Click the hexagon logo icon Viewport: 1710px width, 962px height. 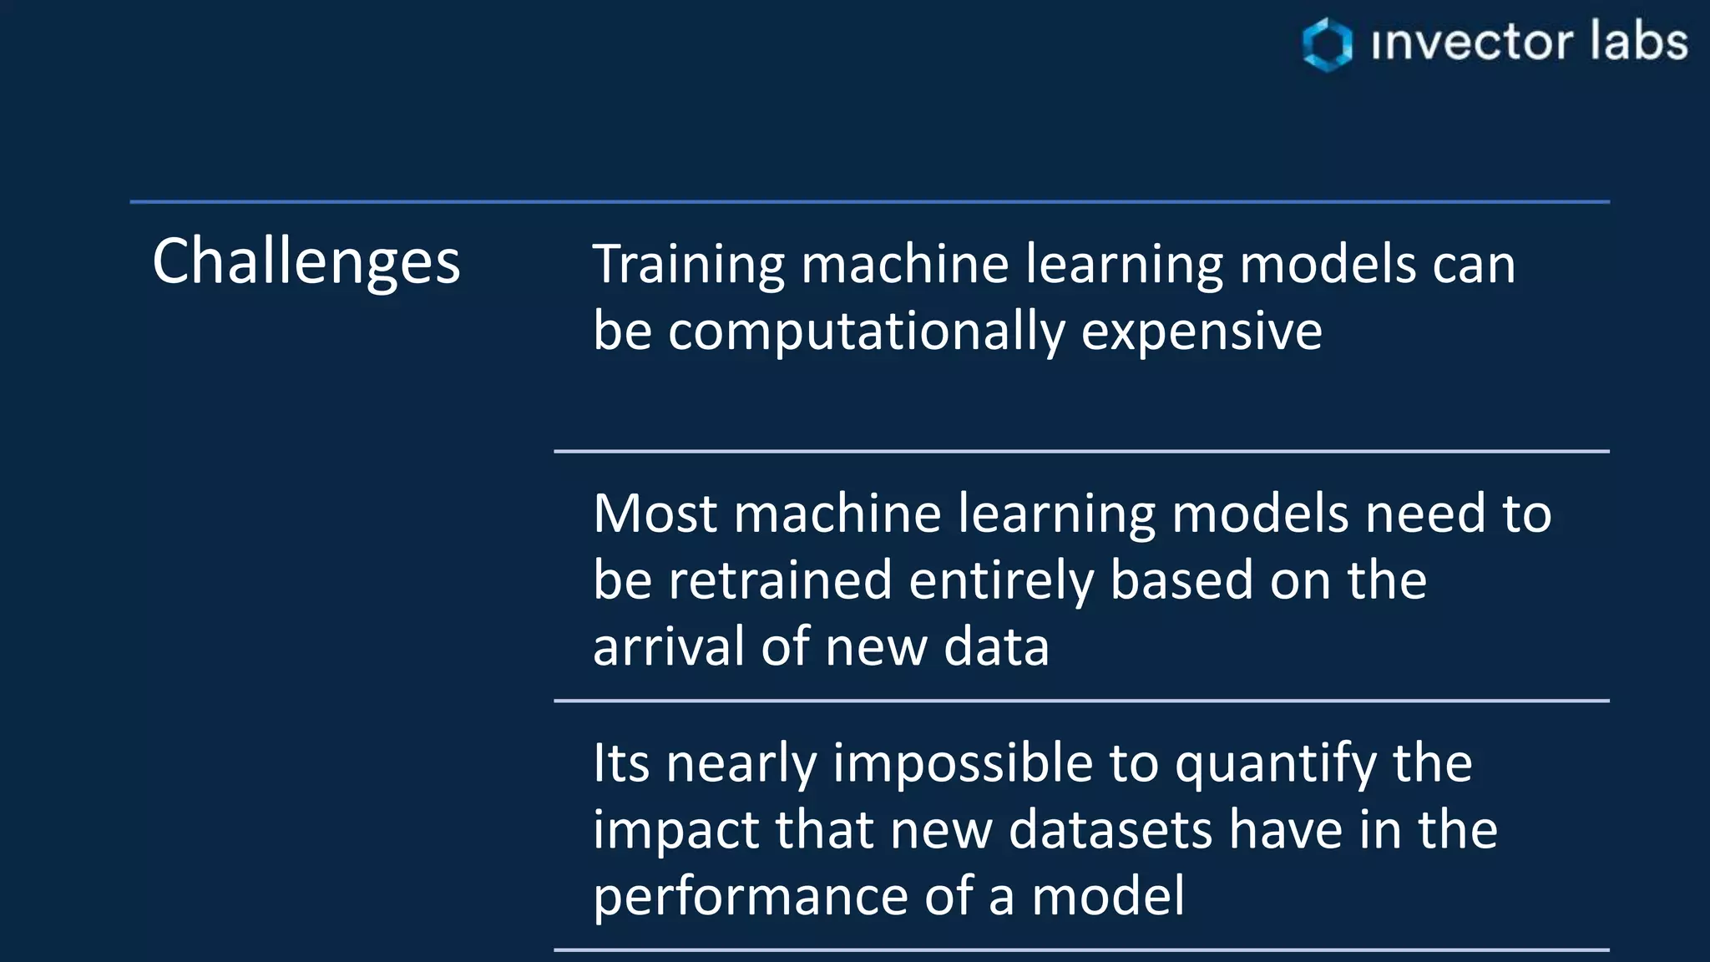[1327, 43]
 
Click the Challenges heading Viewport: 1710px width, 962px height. [306, 261]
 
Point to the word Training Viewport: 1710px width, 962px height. [688, 266]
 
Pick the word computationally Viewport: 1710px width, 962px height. [866, 332]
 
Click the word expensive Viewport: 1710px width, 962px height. [1202, 332]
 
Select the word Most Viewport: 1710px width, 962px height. [655, 513]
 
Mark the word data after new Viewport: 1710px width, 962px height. [996, 646]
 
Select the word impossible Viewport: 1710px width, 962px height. [963, 763]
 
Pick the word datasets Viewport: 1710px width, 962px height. [1110, 830]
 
